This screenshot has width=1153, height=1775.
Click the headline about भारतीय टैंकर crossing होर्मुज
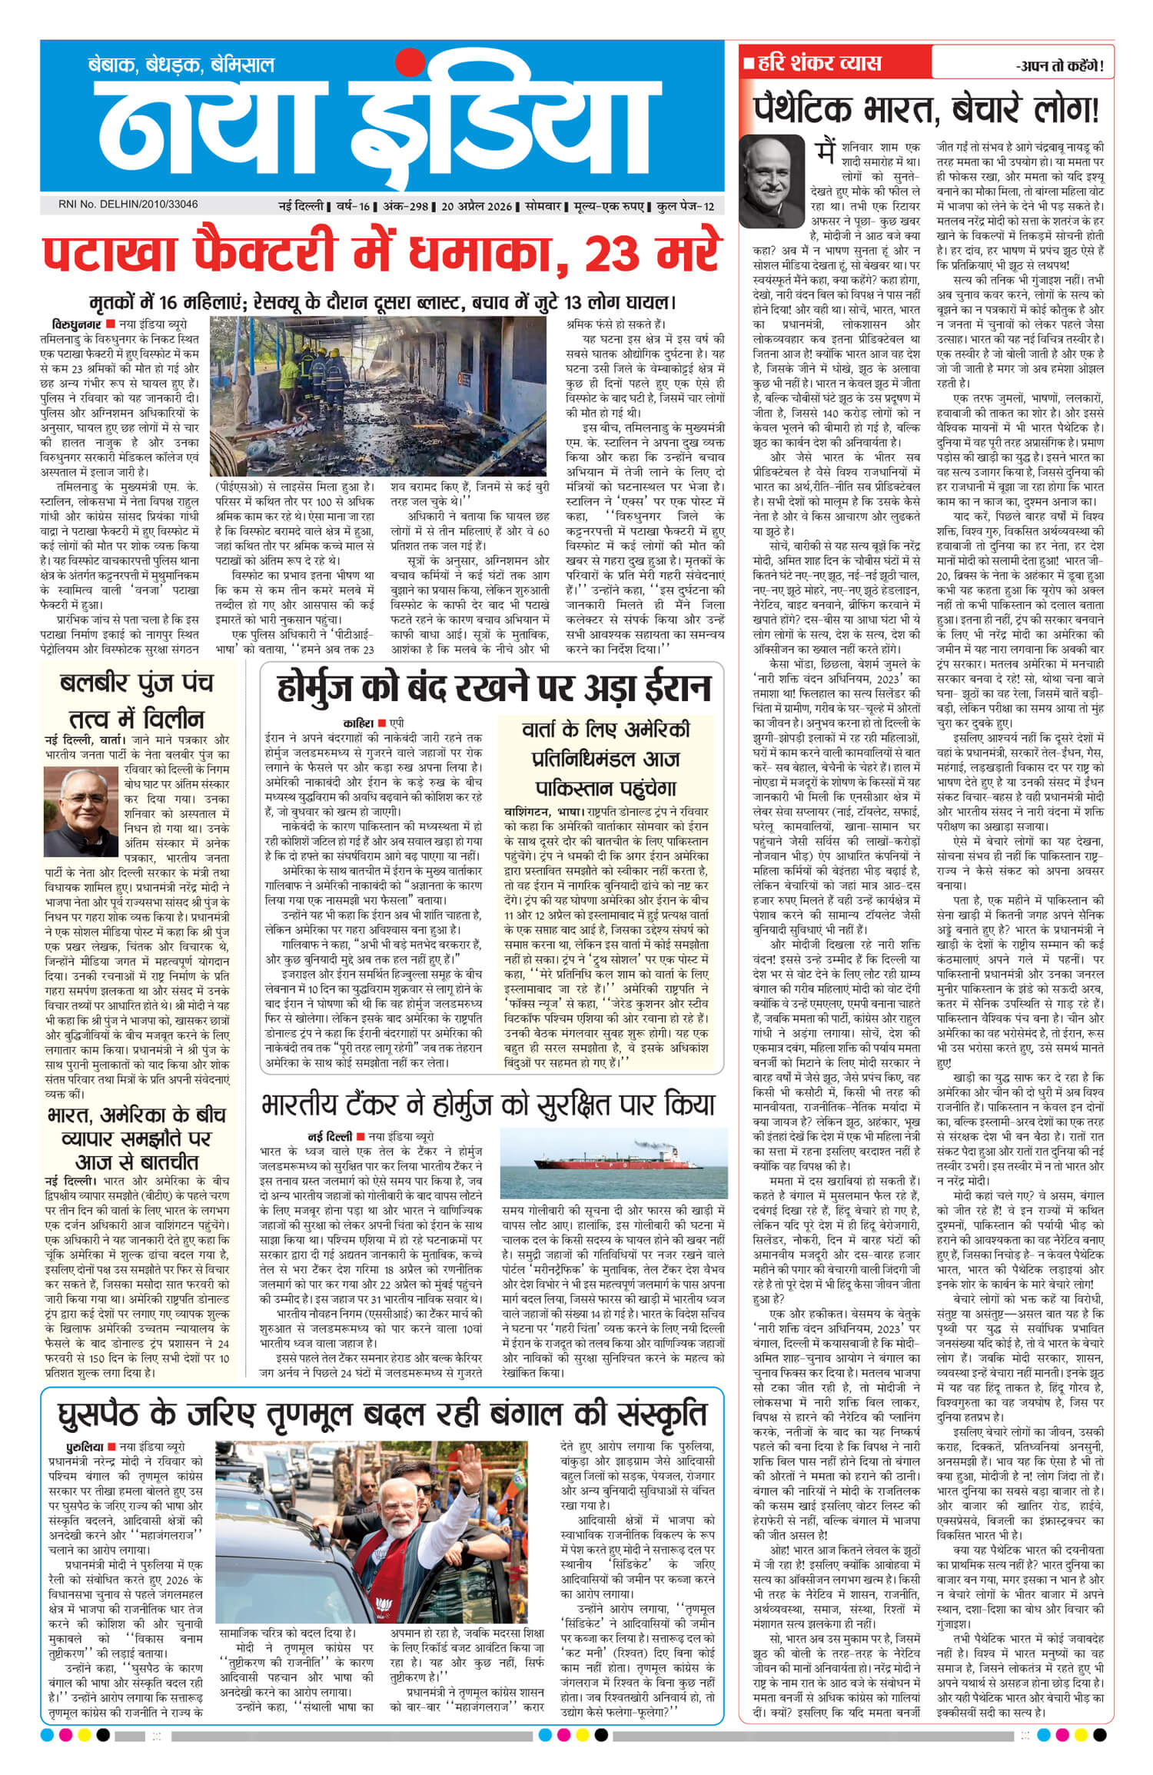click(487, 1105)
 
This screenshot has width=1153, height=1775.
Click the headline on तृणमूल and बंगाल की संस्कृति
click(382, 1414)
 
